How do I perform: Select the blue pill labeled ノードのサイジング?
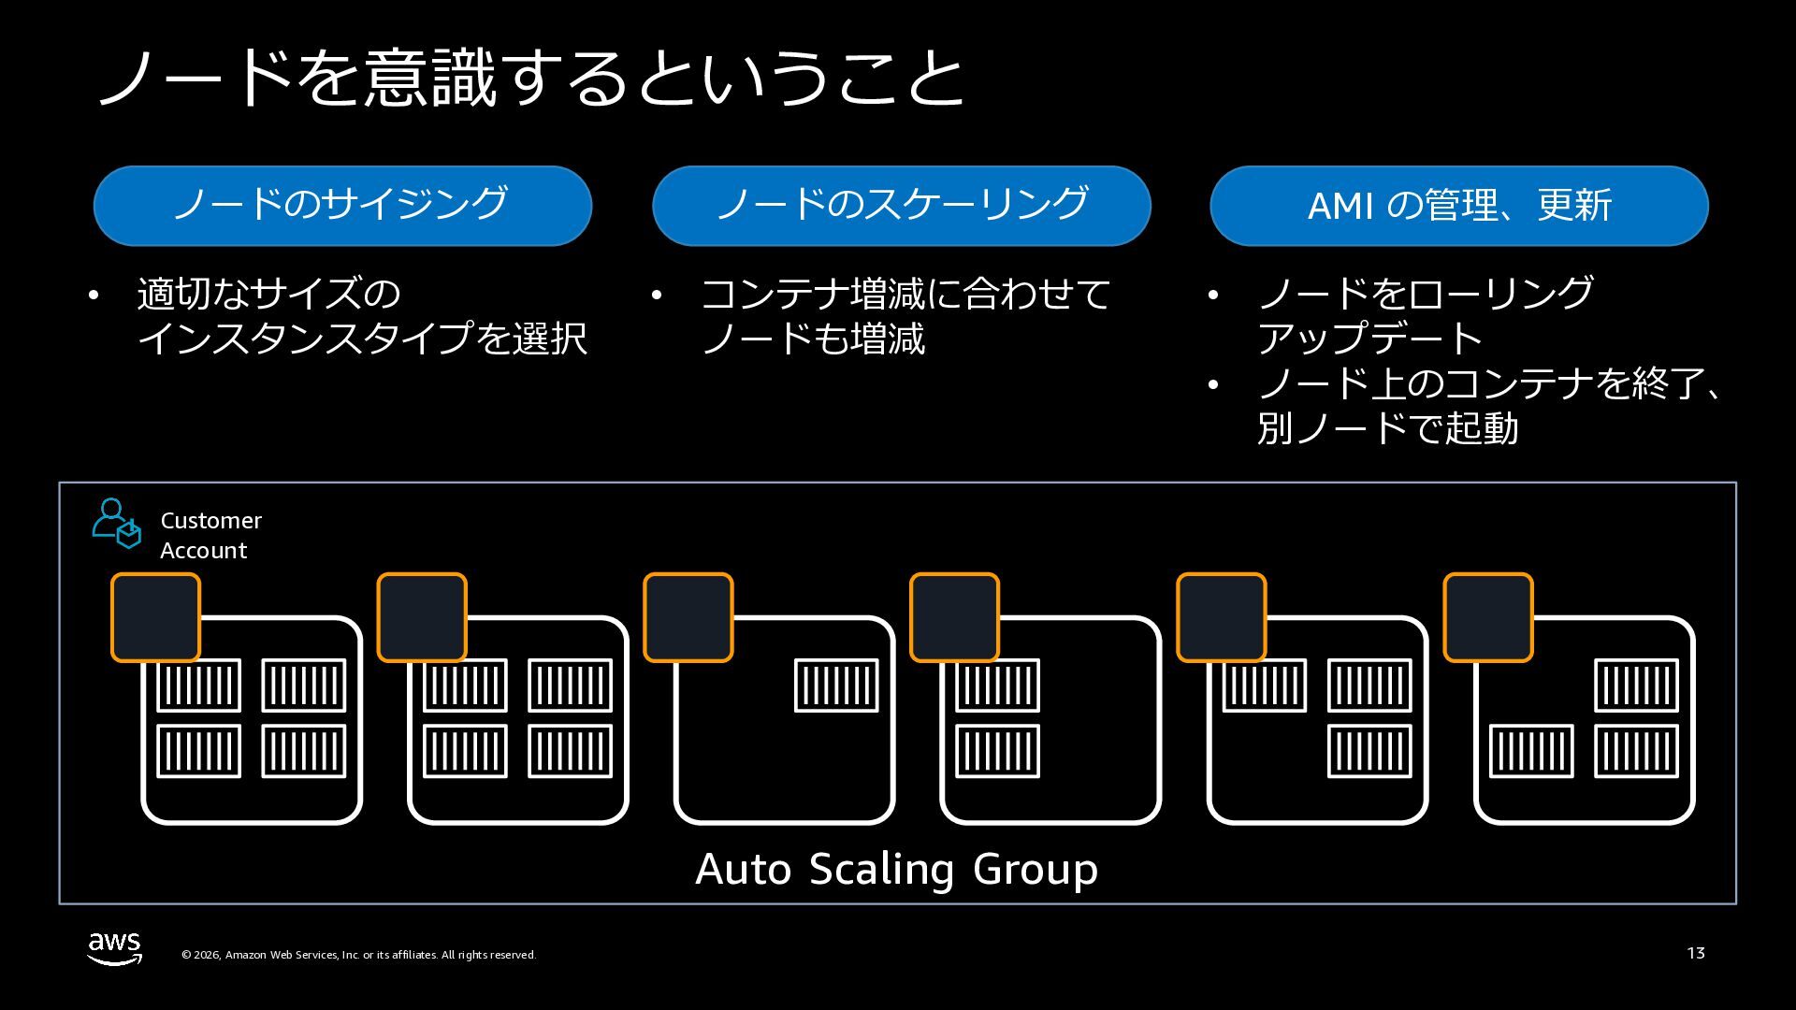(342, 206)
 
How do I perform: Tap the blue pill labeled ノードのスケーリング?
(901, 206)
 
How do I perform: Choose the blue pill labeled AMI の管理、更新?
(1458, 206)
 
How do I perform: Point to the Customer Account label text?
(210, 535)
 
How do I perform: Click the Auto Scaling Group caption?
(896, 869)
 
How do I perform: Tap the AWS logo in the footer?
(114, 948)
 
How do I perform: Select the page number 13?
(1696, 953)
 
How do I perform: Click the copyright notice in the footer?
(358, 955)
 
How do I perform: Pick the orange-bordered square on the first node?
(155, 617)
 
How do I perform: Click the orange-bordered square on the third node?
(688, 617)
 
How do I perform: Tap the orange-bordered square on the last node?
(1488, 617)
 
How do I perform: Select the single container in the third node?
(836, 685)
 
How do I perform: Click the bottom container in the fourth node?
(997, 751)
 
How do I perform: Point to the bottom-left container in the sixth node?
(1531, 751)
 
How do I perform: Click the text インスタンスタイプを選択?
(362, 339)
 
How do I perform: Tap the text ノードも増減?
(813, 339)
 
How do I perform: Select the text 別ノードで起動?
(1387, 429)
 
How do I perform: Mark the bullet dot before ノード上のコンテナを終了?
(1213, 385)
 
